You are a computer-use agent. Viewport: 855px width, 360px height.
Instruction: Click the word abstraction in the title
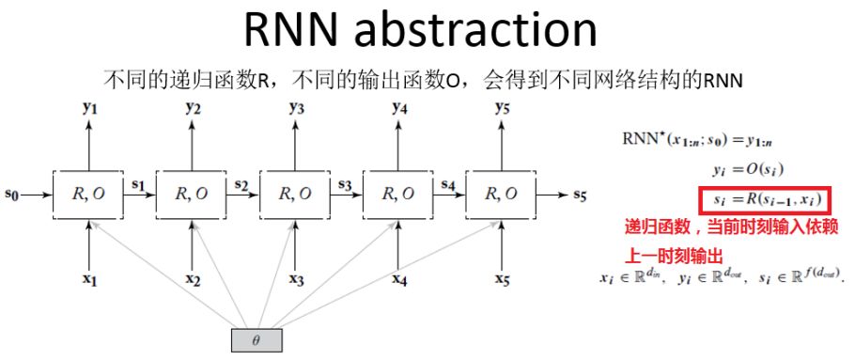click(489, 30)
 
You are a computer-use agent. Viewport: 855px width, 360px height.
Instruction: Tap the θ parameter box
click(256, 339)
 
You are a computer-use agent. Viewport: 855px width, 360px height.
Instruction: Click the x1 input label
click(90, 280)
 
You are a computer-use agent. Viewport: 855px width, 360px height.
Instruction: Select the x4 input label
click(400, 280)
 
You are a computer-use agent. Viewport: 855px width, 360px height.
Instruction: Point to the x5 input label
click(503, 280)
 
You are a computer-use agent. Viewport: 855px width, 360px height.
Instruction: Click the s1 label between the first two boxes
click(139, 186)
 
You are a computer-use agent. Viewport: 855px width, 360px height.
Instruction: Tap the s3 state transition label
click(346, 186)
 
